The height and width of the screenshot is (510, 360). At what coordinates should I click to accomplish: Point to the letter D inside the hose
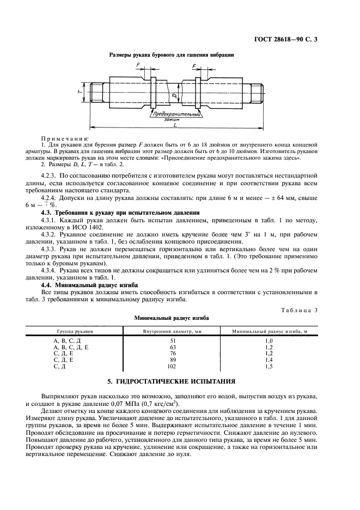[x=173, y=96]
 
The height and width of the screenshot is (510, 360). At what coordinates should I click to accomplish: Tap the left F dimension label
[x=138, y=65]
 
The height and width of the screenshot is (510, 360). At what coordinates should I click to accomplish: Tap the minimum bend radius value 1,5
[x=267, y=367]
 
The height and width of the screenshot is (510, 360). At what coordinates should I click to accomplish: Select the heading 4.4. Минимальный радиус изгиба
[x=90, y=284]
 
